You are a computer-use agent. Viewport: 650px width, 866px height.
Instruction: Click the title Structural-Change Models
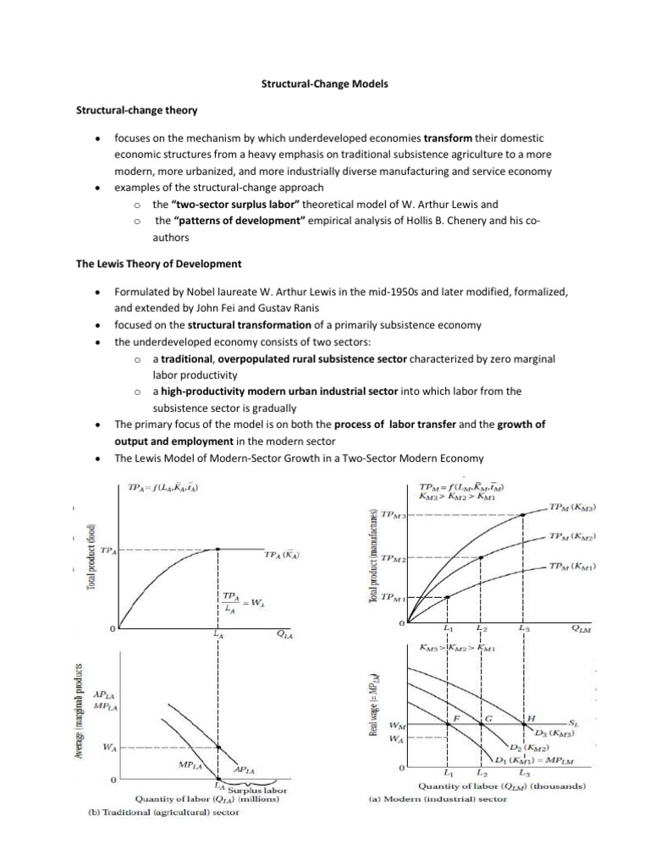pyautogui.click(x=324, y=85)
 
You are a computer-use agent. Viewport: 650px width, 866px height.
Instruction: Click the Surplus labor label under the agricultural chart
pyautogui.click(x=257, y=790)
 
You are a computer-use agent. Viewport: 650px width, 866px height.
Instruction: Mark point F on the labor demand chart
pyautogui.click(x=455, y=717)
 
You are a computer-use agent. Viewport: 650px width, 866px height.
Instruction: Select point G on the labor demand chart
pyautogui.click(x=488, y=717)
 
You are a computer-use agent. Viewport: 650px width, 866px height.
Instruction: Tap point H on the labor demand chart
pyautogui.click(x=531, y=717)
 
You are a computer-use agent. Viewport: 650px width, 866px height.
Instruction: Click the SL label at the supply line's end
pyautogui.click(x=575, y=725)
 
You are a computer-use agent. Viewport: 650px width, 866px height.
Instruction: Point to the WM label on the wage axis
pyautogui.click(x=395, y=726)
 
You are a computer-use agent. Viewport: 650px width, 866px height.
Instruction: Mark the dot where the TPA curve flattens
pyautogui.click(x=218, y=549)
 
